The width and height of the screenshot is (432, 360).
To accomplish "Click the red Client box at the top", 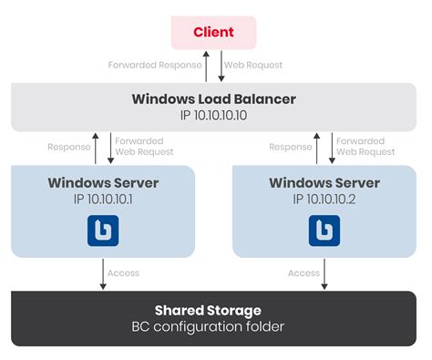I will (x=213, y=32).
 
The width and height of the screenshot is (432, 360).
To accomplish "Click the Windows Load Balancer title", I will (x=214, y=98).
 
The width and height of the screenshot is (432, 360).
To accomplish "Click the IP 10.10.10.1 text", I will (x=102, y=199).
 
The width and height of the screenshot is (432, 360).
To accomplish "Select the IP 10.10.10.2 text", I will (x=324, y=199).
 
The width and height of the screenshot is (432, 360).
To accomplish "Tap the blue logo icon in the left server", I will (x=103, y=231).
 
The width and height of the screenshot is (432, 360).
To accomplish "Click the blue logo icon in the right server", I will (x=324, y=231).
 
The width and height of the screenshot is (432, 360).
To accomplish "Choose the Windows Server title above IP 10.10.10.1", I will (x=103, y=183).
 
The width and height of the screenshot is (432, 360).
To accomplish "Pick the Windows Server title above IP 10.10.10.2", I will (x=324, y=183).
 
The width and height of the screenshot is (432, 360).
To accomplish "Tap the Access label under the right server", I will (x=303, y=273).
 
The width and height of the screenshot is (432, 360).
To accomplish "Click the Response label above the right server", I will (x=291, y=146).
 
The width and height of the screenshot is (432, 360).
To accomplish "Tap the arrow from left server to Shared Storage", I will (x=103, y=273).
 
